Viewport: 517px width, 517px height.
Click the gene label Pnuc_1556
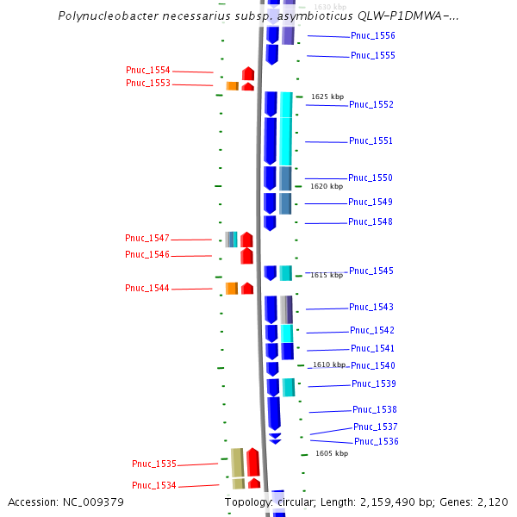pos(372,36)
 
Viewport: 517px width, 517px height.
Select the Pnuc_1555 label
pos(372,56)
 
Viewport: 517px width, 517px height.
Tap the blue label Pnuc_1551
pos(371,141)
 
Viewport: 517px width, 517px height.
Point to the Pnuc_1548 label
pos(370,222)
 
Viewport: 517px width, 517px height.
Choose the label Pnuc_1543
pos(371,308)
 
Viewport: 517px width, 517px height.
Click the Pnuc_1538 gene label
pos(374,410)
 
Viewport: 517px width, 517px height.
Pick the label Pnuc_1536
pos(376,442)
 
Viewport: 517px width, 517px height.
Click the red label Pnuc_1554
pos(148,71)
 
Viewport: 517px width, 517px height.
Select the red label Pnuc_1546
pos(147,255)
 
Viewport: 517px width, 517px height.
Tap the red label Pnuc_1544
pos(147,289)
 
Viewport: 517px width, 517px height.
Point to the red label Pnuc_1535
pos(154,464)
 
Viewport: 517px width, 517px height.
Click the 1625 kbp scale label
pos(327,97)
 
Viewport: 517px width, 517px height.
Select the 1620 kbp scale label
pos(327,186)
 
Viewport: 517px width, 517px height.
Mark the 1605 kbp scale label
pos(332,453)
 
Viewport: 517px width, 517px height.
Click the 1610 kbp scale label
pos(329,365)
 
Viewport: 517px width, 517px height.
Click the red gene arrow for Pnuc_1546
pos(246,256)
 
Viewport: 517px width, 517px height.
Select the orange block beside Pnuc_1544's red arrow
pos(231,288)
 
